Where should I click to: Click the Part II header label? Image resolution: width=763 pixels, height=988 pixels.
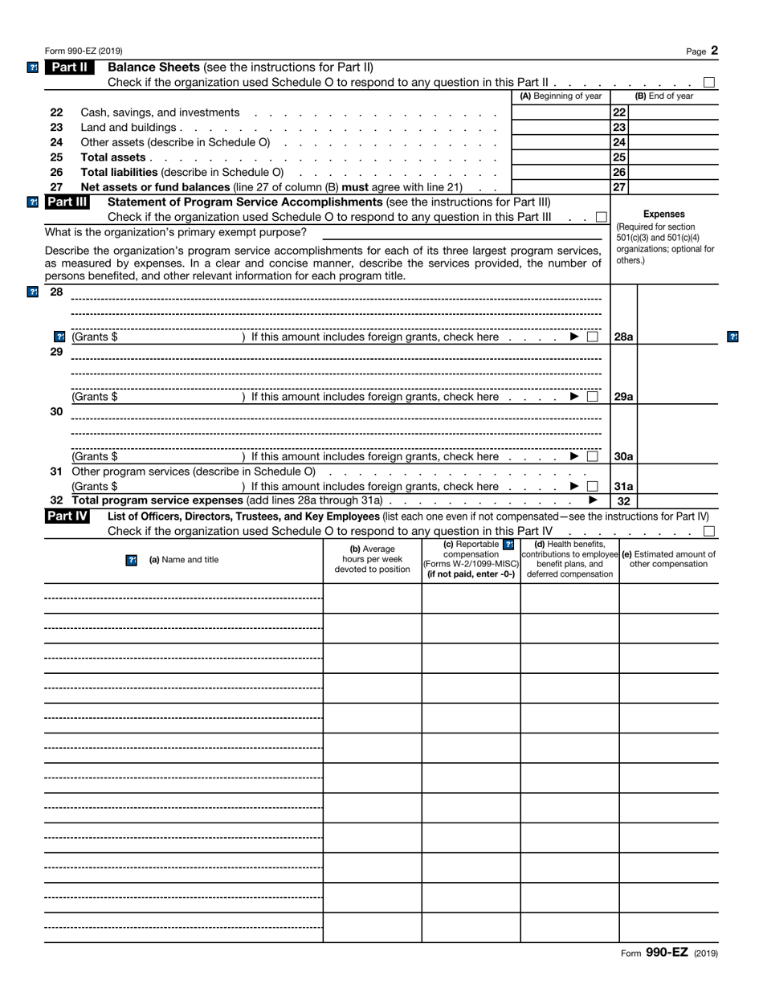coord(70,67)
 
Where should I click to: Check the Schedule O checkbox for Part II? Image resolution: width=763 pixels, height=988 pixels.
coord(709,82)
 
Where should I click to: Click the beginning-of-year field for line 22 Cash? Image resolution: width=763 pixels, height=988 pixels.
coord(561,112)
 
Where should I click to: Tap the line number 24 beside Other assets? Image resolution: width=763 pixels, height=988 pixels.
coord(56,142)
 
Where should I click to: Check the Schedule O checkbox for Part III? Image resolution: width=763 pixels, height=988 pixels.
coord(602,218)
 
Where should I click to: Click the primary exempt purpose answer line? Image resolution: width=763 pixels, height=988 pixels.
coord(462,233)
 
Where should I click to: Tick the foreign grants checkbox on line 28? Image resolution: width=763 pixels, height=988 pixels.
coord(593,337)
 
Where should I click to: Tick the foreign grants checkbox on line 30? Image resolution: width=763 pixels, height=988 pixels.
coord(593,456)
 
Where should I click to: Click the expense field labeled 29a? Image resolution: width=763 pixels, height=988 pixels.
coord(677,397)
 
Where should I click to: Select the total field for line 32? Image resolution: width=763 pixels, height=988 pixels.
coord(677,501)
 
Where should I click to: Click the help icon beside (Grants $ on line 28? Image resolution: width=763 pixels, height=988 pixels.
coord(59,337)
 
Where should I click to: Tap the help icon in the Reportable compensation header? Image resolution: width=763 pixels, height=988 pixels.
coord(508,545)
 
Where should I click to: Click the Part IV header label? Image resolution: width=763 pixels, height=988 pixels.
coord(67,516)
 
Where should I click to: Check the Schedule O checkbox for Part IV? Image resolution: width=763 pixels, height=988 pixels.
coord(709,531)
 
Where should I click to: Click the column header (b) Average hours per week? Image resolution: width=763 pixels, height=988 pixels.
coord(372,559)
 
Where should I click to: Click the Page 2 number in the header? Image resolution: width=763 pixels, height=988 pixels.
coord(702,51)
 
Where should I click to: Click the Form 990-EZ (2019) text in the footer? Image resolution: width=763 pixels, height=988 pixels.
coord(669,953)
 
